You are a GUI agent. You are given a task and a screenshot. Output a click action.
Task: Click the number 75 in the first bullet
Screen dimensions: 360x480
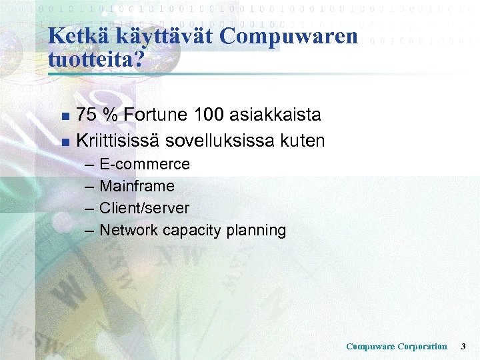85,115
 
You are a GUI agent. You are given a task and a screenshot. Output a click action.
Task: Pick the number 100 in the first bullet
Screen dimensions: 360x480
209,115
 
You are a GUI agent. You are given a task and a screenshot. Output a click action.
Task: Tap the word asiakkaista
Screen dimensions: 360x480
275,115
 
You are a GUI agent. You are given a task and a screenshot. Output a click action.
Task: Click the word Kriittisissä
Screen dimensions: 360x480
118,141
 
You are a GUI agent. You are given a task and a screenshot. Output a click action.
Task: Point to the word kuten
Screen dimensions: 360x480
302,141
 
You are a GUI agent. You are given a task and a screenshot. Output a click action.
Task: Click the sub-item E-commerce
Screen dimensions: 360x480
144,164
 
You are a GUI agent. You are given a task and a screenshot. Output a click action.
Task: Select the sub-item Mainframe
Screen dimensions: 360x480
137,186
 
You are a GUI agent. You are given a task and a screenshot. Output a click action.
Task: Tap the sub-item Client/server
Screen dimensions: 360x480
144,208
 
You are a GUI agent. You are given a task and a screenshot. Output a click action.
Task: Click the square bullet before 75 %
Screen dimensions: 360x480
64,117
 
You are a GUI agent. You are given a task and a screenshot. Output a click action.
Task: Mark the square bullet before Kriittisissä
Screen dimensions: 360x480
64,142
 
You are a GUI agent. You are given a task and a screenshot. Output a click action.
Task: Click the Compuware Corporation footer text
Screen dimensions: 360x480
397,346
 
